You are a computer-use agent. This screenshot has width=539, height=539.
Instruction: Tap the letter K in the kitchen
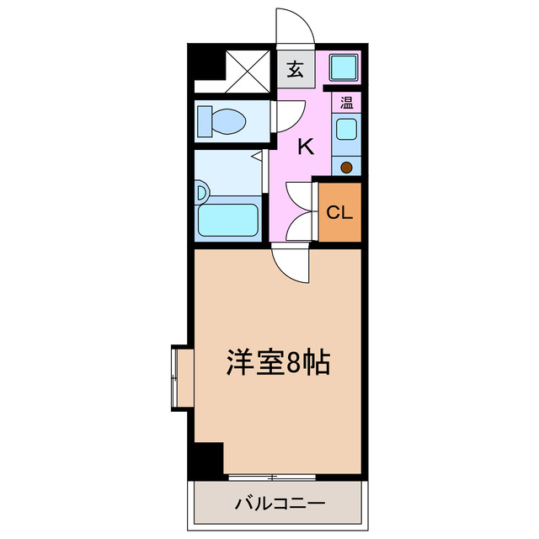coord(306,147)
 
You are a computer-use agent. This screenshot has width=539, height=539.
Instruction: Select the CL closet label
coord(339,211)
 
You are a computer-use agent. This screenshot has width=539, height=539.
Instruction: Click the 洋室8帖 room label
coord(277,363)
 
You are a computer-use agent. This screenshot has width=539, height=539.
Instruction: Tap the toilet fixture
coord(221,121)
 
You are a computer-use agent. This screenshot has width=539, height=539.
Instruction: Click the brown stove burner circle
coord(346,167)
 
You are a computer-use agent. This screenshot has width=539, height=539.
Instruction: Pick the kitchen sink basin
coord(346,131)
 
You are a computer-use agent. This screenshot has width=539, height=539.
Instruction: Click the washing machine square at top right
coord(344,67)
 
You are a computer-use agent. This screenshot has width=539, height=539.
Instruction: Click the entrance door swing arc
coord(296,25)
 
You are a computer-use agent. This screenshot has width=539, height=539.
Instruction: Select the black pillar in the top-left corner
coord(203,62)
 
